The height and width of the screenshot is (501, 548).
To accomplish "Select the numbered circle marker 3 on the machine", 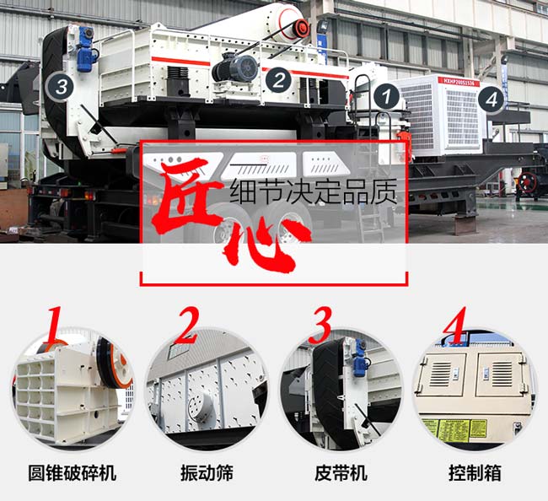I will pyautogui.click(x=59, y=84).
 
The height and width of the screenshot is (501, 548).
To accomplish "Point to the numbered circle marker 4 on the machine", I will pyautogui.click(x=492, y=99).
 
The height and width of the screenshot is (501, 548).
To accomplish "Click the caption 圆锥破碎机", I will pyautogui.click(x=72, y=471).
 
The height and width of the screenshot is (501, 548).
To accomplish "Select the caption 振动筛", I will pyautogui.click(x=206, y=471).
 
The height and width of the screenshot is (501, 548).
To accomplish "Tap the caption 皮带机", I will pyautogui.click(x=341, y=471).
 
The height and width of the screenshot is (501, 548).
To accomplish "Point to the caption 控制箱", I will pyautogui.click(x=475, y=471).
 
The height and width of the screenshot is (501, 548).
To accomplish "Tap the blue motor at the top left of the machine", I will pyautogui.click(x=84, y=51).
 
